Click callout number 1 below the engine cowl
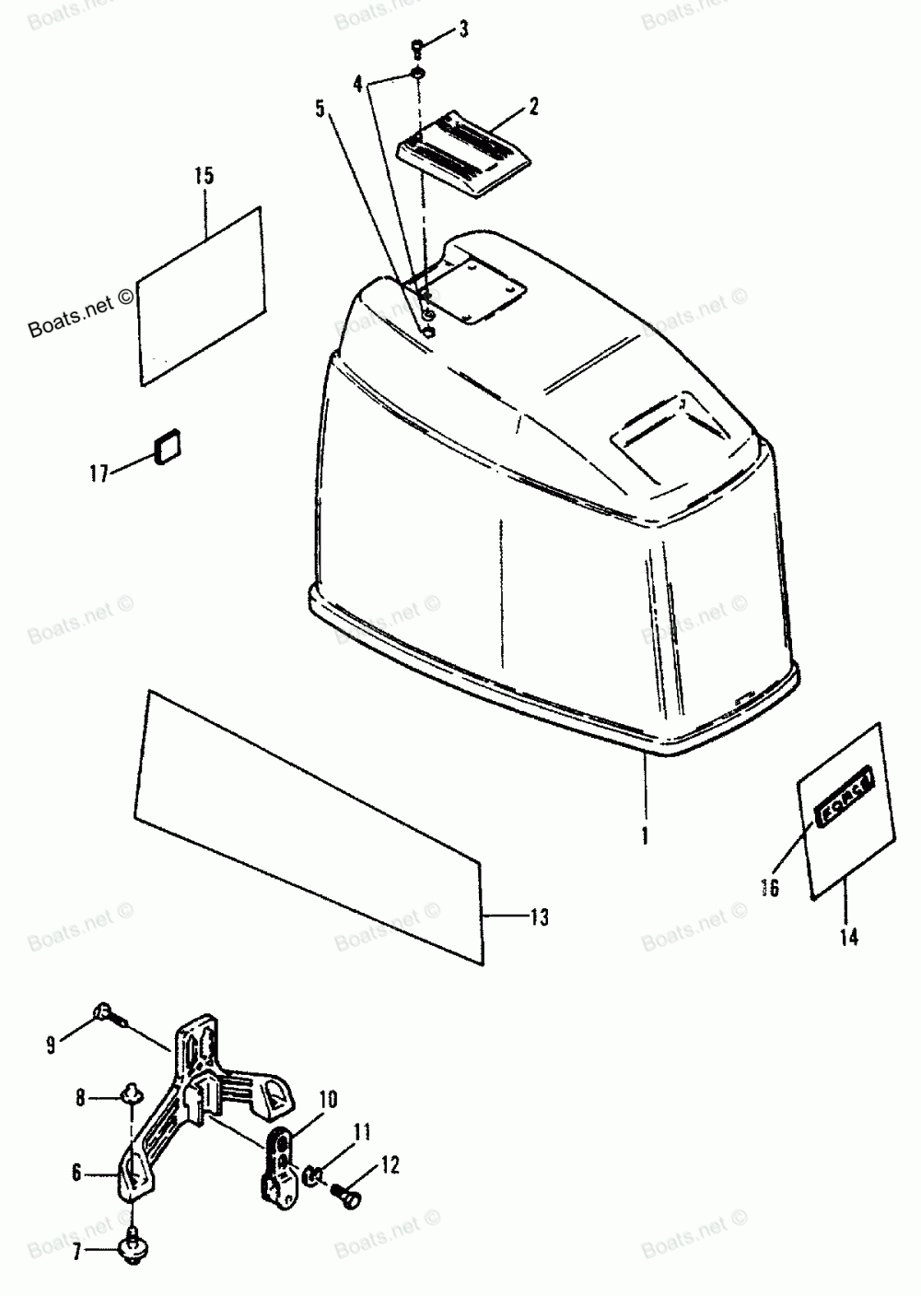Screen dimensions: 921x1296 click(645, 836)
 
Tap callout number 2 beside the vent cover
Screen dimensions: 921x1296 click(533, 107)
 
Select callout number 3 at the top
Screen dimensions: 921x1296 click(463, 29)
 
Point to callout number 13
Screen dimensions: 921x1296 click(539, 917)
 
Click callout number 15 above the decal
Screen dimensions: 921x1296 click(204, 175)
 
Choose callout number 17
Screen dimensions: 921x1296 click(99, 473)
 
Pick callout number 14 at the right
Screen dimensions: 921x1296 click(848, 936)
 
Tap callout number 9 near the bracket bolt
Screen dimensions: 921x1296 click(52, 1044)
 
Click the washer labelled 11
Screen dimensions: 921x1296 click(313, 1174)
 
